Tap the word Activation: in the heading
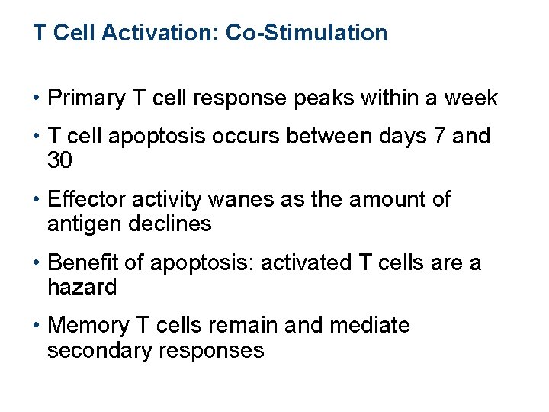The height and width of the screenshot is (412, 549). pos(157,33)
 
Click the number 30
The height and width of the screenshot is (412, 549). pos(59,161)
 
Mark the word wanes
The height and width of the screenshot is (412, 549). pos(229,200)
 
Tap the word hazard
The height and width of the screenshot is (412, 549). pos(82,288)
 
